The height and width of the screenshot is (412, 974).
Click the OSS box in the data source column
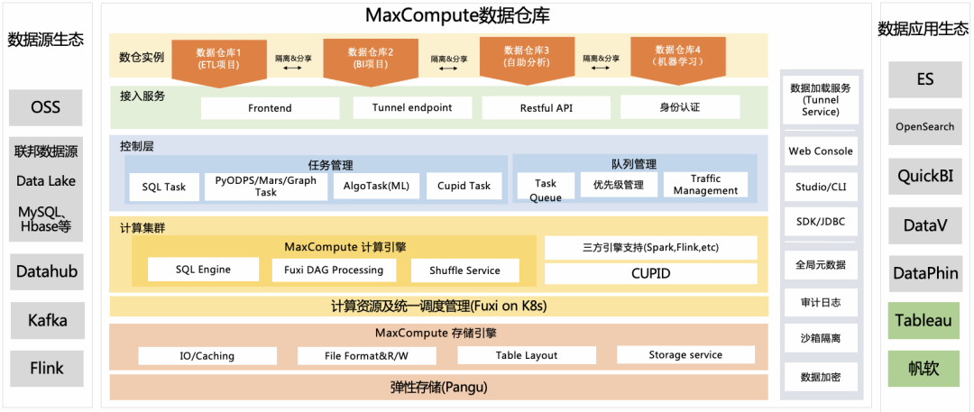45,107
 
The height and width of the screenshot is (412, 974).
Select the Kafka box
48,320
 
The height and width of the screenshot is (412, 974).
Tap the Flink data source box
47,368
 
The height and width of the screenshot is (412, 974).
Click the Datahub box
47,271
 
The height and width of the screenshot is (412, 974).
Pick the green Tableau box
925,320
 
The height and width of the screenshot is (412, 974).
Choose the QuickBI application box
925,177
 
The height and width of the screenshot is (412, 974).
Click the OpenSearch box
925,127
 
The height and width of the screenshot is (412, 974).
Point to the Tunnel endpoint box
412,108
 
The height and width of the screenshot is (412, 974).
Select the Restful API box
547,108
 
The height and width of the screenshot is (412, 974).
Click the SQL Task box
164,187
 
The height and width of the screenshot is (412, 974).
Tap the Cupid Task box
464,186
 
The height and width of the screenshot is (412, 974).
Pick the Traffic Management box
705,185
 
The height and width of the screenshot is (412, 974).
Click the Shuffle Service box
465,270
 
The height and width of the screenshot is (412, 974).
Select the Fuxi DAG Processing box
333,270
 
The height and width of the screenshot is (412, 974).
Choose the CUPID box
650,273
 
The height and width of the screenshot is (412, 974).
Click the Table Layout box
527,355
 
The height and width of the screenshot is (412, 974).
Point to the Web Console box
821,151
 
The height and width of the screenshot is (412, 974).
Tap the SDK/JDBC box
821,221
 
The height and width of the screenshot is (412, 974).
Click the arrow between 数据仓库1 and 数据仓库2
294,67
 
